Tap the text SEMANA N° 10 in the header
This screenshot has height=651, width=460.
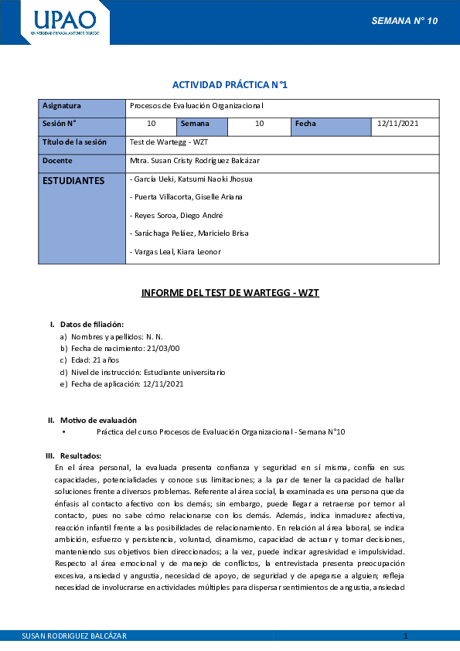pyautogui.click(x=404, y=21)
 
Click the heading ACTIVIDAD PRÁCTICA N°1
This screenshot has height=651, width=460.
pyautogui.click(x=230, y=84)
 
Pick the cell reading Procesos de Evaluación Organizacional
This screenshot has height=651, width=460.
pyautogui.click(x=197, y=106)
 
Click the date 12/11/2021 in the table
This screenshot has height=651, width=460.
pyautogui.click(x=398, y=124)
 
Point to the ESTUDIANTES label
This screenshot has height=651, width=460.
pyautogui.click(x=73, y=180)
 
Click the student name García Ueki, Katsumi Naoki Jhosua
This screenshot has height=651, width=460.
pyautogui.click(x=192, y=179)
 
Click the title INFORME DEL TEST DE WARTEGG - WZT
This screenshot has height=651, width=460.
pyautogui.click(x=230, y=293)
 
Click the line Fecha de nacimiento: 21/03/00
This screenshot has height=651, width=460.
pyautogui.click(x=120, y=349)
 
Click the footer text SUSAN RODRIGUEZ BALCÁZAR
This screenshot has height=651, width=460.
pyautogui.click(x=75, y=636)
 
